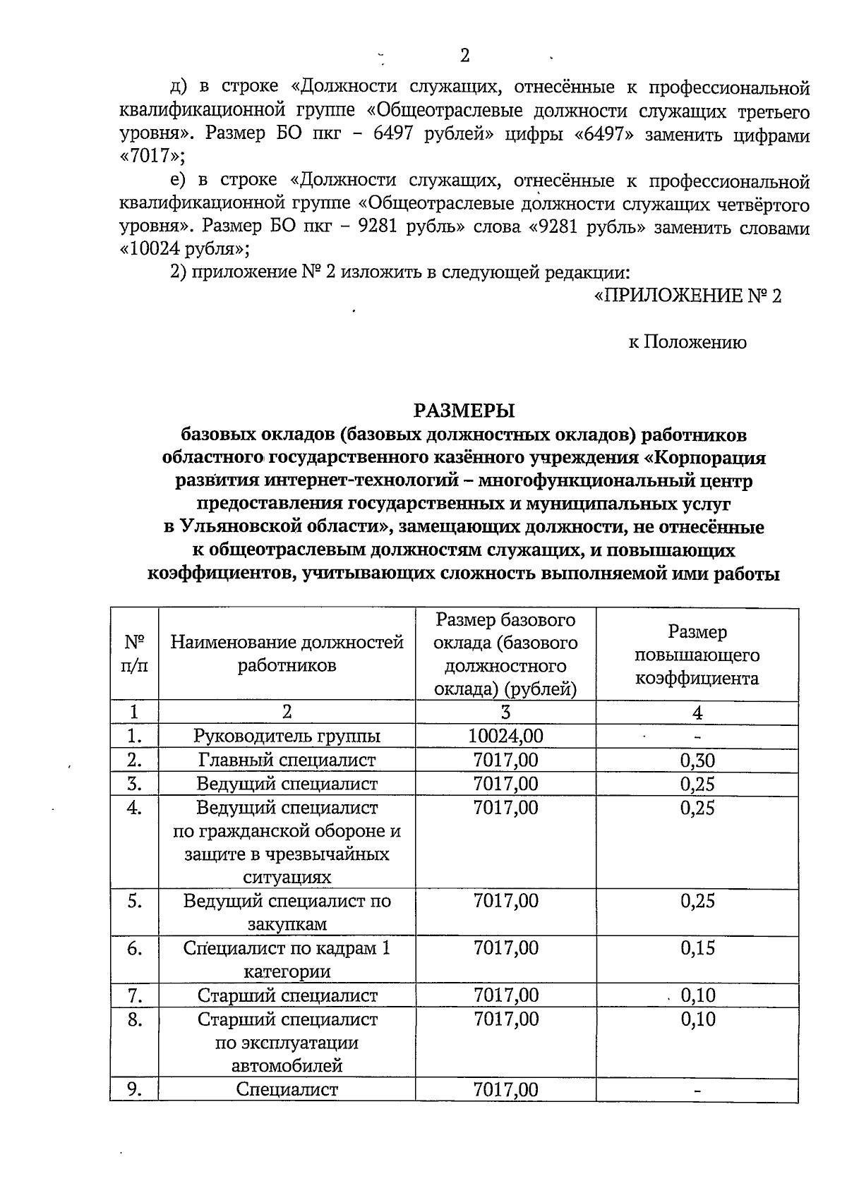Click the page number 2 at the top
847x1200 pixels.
464,55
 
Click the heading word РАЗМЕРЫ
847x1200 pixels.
464,410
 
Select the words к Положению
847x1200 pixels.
687,343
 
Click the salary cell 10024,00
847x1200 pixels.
505,737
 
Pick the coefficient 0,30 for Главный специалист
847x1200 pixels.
697,760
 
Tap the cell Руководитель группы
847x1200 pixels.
287,737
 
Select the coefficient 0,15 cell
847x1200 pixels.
697,948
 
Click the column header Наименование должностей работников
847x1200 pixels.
287,653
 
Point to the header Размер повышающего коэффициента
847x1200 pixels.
697,655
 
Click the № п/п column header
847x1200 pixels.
135,653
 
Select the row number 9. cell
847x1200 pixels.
135,1090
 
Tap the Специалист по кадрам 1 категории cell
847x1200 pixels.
287,959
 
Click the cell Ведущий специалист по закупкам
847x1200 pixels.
287,912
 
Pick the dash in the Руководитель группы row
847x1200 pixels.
697,737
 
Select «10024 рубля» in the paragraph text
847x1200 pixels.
185,249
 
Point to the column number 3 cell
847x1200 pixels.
505,713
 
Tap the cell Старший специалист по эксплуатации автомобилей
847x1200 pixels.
287,1042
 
